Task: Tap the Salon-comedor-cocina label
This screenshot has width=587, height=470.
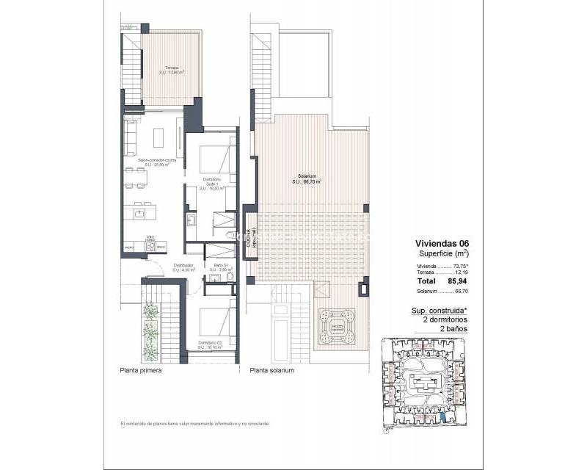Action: coord(157,162)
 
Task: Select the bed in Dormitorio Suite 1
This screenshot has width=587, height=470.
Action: coord(218,158)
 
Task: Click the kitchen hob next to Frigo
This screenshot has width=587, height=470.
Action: coord(150,247)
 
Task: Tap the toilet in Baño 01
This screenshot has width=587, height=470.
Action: coord(228,235)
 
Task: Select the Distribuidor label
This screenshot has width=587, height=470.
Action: coord(183,267)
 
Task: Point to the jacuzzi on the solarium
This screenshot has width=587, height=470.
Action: coord(337,325)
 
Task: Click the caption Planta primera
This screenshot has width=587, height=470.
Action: coord(141,371)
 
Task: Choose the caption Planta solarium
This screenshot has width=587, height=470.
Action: coord(271,371)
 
